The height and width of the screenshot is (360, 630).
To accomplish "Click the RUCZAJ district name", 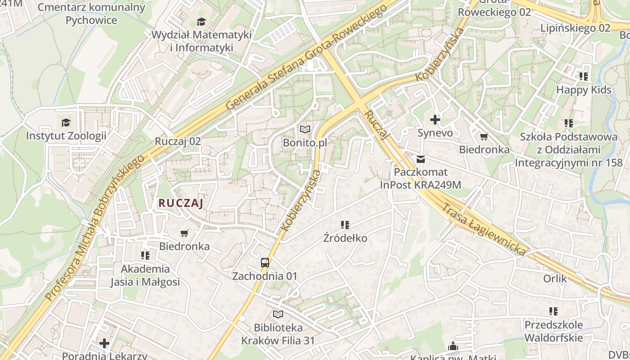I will pyautogui.click(x=181, y=203).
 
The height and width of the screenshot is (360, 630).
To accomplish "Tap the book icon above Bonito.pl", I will pyautogui.click(x=305, y=130).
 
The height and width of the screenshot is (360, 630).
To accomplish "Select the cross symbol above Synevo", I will pyautogui.click(x=435, y=120).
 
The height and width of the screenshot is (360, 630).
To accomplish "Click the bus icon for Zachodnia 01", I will pyautogui.click(x=265, y=263).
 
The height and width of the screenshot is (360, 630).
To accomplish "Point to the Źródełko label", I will pyautogui.click(x=345, y=238).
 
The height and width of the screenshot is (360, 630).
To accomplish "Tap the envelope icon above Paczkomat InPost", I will pyautogui.click(x=420, y=159).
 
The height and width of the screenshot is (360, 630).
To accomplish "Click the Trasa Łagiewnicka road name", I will pyautogui.click(x=484, y=229).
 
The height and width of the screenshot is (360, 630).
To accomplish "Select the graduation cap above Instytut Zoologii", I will pyautogui.click(x=66, y=122).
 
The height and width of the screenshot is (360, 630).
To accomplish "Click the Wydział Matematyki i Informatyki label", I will pyautogui.click(x=201, y=41).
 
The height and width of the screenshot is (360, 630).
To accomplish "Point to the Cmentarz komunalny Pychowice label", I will pyautogui.click(x=91, y=14).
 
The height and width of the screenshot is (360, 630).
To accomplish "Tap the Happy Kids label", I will pyautogui.click(x=584, y=90).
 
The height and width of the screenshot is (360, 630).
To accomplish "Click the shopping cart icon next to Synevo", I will pyautogui.click(x=484, y=136).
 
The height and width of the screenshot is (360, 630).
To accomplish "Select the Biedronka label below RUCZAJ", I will pyautogui.click(x=184, y=246).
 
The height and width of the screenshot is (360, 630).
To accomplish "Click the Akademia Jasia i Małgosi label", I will pyautogui.click(x=145, y=275).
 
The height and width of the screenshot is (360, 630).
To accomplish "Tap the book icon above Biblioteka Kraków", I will pyautogui.click(x=278, y=314).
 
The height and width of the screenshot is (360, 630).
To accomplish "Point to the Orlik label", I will pyautogui.click(x=555, y=279).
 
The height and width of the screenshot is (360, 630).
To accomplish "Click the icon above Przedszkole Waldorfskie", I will pyautogui.click(x=553, y=311).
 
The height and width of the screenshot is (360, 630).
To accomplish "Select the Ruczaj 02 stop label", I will pyautogui.click(x=178, y=141).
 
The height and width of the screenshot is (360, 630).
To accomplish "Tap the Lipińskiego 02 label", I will pyautogui.click(x=575, y=28).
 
